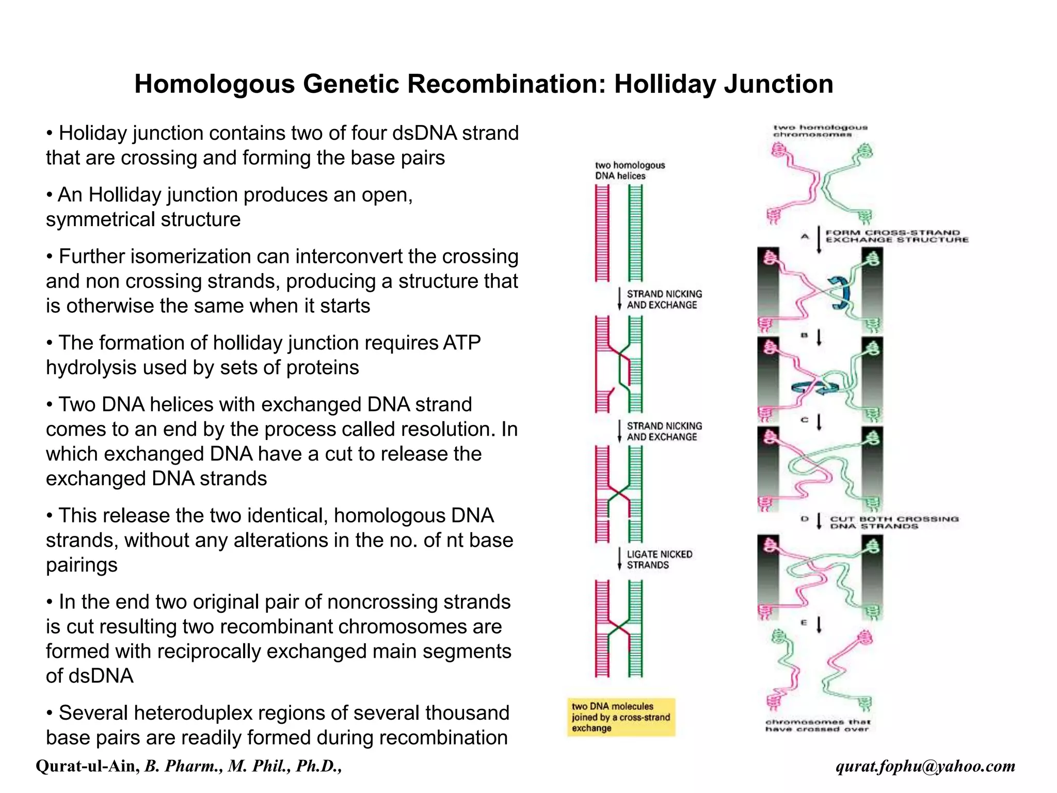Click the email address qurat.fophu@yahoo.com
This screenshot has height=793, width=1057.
[x=925, y=766]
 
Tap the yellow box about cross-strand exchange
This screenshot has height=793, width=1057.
[x=621, y=717]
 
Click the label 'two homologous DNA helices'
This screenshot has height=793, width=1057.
[x=630, y=171]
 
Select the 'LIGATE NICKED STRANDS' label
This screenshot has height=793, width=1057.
[x=659, y=560]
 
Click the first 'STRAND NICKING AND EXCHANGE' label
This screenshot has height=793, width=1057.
[x=664, y=299]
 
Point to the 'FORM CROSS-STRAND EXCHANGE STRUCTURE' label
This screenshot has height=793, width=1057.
[x=896, y=236]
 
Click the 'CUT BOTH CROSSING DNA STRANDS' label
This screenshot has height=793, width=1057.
[x=894, y=522]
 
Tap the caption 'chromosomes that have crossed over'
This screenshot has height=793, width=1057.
[x=818, y=725]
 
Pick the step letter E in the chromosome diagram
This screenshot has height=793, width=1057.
[x=804, y=623]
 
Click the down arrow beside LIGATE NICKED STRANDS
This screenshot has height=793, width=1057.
[x=619, y=559]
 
